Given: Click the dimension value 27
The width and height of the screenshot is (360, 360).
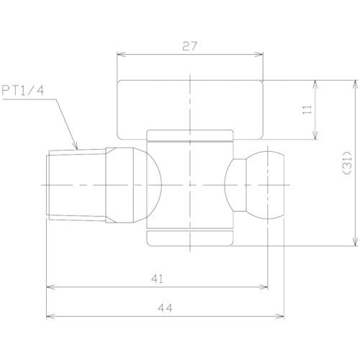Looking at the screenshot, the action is pos(189,46).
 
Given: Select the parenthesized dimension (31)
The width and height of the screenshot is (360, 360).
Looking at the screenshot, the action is pos(348,163).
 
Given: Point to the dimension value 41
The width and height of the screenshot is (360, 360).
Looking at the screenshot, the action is pos(157,279).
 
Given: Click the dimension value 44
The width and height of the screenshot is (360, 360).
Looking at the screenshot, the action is pos(165,308).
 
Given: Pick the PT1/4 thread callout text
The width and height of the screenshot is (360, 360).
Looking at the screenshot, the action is pos(23,91).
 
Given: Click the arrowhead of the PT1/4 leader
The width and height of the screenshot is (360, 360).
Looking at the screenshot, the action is pos(76,146).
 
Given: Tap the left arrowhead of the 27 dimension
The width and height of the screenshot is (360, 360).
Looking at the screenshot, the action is pos(121,55).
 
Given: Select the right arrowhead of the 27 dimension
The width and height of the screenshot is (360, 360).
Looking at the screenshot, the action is pos(259,55).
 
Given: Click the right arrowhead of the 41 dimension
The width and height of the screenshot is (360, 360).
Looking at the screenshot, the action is pos(264,287).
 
